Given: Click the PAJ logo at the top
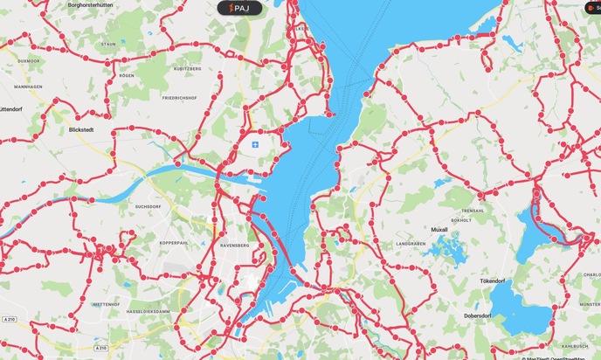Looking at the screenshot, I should [238, 8].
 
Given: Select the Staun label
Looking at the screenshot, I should [108, 44].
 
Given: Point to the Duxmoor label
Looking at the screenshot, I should [29, 61].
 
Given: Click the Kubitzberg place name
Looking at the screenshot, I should [187, 67].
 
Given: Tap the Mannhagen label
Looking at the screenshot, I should [29, 87].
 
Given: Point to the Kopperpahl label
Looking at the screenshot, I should [174, 242].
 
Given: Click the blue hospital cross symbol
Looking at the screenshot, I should [255, 143].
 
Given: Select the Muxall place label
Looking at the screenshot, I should [439, 230].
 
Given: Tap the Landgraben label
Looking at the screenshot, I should [410, 243].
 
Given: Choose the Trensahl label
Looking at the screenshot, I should [472, 211].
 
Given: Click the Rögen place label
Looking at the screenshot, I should [127, 76].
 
